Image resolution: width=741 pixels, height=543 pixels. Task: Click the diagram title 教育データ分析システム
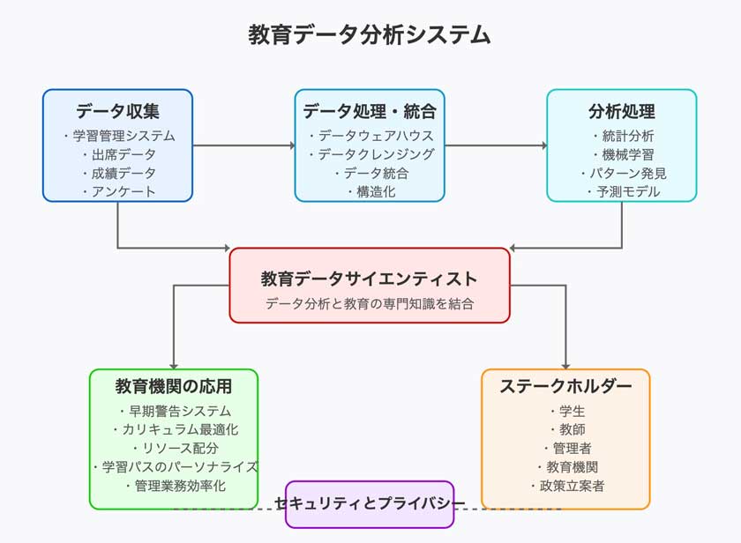[x=370, y=34]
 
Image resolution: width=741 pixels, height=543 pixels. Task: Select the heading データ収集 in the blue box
[x=117, y=112]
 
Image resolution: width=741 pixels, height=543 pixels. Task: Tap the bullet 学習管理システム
[x=118, y=136]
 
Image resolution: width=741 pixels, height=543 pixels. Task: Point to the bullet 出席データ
[x=118, y=154]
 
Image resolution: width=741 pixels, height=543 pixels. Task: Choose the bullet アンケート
[x=118, y=191]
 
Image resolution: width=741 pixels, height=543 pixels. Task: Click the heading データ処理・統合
[x=370, y=112]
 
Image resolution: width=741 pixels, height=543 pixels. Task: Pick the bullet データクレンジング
[x=370, y=154]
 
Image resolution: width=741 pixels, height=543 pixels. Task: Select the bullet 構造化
[x=370, y=191]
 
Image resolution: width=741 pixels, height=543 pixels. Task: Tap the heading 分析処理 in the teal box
[x=622, y=112]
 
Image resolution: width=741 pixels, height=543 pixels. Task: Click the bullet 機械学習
[x=623, y=154]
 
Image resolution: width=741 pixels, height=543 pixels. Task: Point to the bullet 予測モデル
[x=623, y=191]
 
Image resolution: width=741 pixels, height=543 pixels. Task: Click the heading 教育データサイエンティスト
[x=370, y=279]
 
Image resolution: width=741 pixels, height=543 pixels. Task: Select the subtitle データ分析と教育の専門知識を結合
[x=370, y=303]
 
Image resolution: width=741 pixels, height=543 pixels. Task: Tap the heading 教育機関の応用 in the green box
[x=174, y=386]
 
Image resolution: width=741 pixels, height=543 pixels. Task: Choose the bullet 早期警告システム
[x=174, y=411]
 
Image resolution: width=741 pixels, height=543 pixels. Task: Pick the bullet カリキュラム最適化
[x=174, y=429]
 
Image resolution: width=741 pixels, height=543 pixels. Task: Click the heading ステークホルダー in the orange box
[x=565, y=386]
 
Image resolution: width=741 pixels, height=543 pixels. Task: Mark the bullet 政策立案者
[x=566, y=486]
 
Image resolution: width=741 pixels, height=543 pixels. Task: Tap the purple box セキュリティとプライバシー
[x=370, y=504]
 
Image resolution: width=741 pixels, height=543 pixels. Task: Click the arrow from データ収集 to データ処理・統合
[x=243, y=145]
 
